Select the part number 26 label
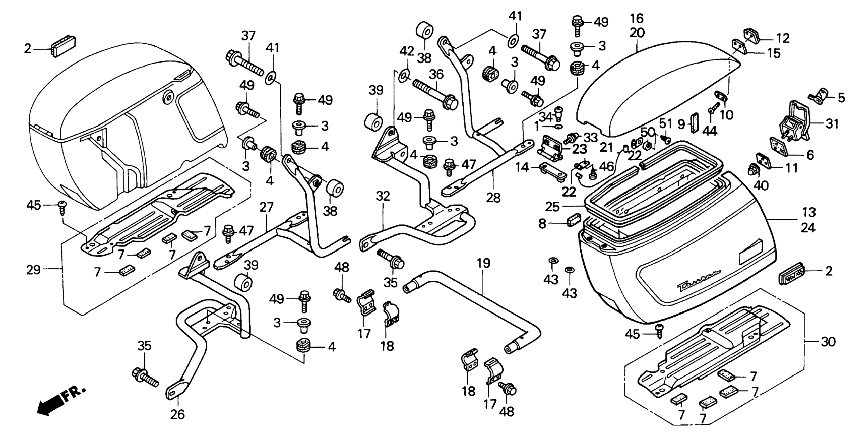tap(177, 414)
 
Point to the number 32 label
tap(383, 197)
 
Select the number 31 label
tap(832, 124)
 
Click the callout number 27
tap(266, 207)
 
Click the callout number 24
tap(808, 228)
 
